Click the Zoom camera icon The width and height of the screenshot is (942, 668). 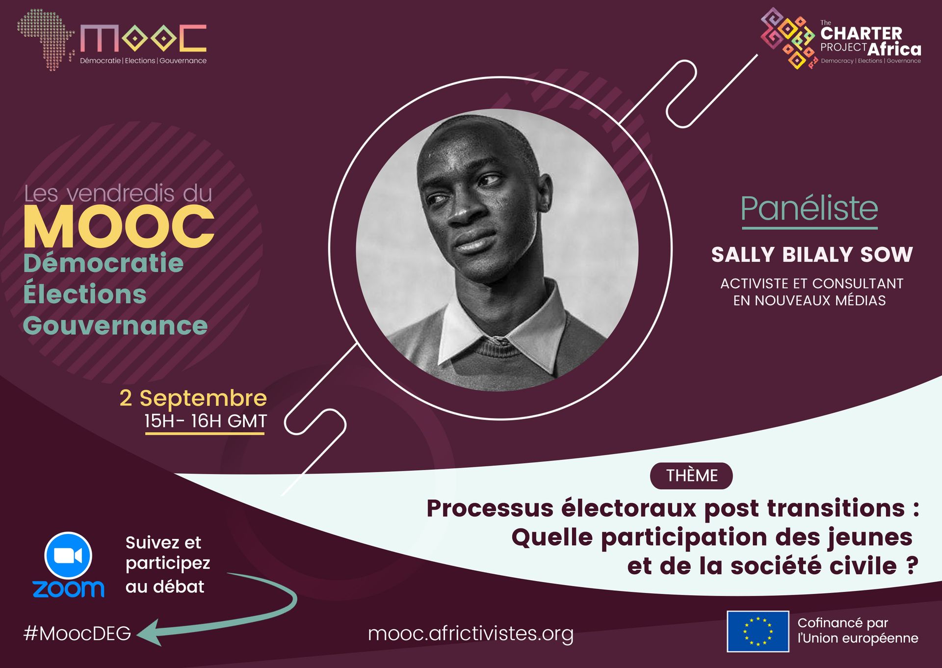click(68, 556)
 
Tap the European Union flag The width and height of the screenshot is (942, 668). click(758, 631)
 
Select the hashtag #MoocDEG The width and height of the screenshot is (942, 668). click(78, 634)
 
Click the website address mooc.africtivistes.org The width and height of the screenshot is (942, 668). click(471, 634)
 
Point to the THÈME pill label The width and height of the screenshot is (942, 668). click(691, 476)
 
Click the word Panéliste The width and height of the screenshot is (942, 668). click(810, 209)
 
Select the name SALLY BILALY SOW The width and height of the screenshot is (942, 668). click(812, 255)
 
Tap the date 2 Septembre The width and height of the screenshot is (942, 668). click(193, 399)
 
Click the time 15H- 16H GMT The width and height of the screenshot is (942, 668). click(206, 421)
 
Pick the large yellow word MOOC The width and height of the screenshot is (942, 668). click(119, 226)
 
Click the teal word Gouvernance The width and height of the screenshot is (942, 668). click(115, 325)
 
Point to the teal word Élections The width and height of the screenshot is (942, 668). click(85, 293)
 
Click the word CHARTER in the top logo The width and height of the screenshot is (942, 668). click(861, 33)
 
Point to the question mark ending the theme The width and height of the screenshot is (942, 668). click(912, 565)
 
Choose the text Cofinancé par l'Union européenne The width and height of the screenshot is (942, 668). click(858, 630)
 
